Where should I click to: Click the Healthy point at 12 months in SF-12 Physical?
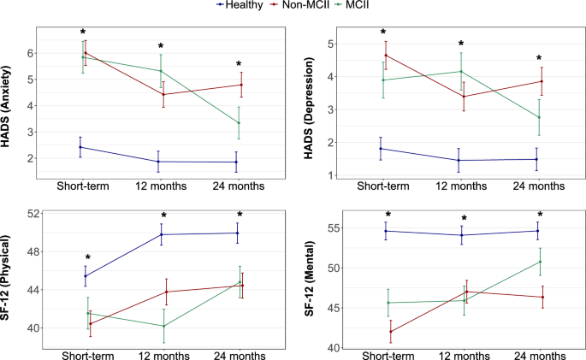point(163,234)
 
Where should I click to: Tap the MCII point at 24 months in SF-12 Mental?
point(539,262)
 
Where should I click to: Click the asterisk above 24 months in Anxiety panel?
point(240,65)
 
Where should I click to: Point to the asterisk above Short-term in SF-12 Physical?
point(86,258)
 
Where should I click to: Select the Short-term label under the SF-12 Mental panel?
point(388,354)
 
